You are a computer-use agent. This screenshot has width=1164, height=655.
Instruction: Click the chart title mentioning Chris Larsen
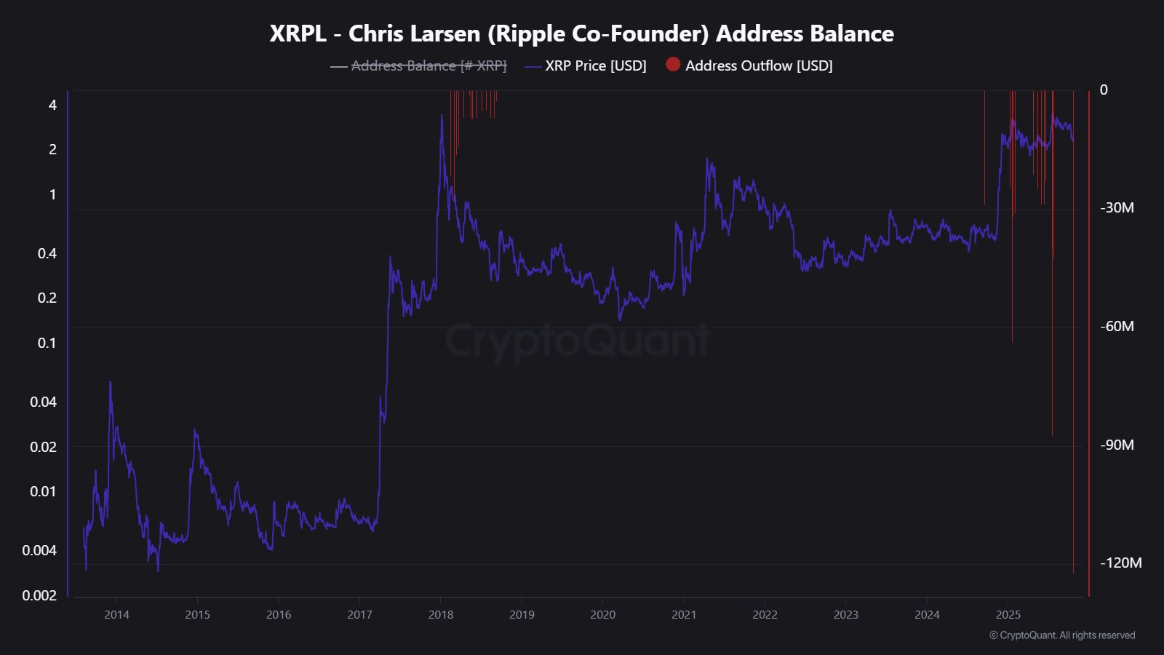pyautogui.click(x=581, y=33)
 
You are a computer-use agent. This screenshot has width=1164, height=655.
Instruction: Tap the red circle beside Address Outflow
pyautogui.click(x=673, y=65)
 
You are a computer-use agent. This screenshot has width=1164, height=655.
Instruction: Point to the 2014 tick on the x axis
pyautogui.click(x=116, y=615)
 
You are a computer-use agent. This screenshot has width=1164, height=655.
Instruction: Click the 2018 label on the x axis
pyautogui.click(x=441, y=615)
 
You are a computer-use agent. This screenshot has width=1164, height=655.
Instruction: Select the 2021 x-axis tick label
pyautogui.click(x=684, y=615)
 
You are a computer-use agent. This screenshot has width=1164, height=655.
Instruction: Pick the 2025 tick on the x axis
pyautogui.click(x=1008, y=615)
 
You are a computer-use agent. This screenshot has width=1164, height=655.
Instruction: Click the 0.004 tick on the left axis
pyautogui.click(x=39, y=550)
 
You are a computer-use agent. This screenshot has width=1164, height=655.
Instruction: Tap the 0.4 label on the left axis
pyautogui.click(x=47, y=253)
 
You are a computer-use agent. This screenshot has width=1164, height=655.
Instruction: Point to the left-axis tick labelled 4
pyautogui.click(x=52, y=105)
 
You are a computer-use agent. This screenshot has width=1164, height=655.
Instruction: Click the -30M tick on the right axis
pyautogui.click(x=1117, y=208)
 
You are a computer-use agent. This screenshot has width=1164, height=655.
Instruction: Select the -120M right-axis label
pyautogui.click(x=1120, y=563)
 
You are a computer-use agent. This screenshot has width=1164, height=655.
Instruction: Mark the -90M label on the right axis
pyautogui.click(x=1117, y=445)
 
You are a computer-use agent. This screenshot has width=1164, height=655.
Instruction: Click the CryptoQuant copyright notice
pyautogui.click(x=1062, y=635)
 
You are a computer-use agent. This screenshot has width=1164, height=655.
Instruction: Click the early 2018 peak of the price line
pyautogui.click(x=442, y=115)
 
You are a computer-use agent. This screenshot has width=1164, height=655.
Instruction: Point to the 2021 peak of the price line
pyautogui.click(x=707, y=159)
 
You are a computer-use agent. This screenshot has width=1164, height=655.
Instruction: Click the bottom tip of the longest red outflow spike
pyautogui.click(x=1073, y=573)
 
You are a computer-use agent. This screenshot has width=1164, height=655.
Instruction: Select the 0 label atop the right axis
pyautogui.click(x=1104, y=90)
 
